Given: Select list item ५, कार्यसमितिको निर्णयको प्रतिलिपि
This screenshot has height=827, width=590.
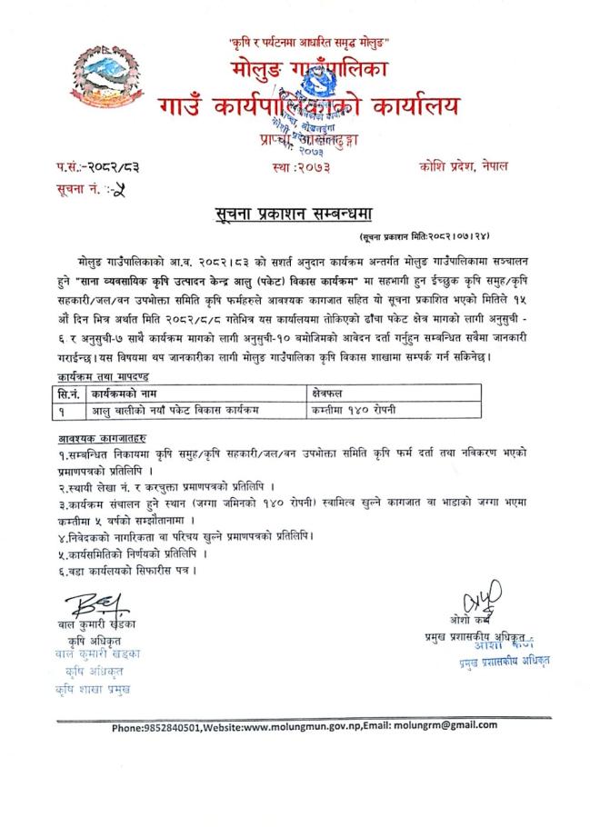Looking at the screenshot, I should [x=127, y=552].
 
